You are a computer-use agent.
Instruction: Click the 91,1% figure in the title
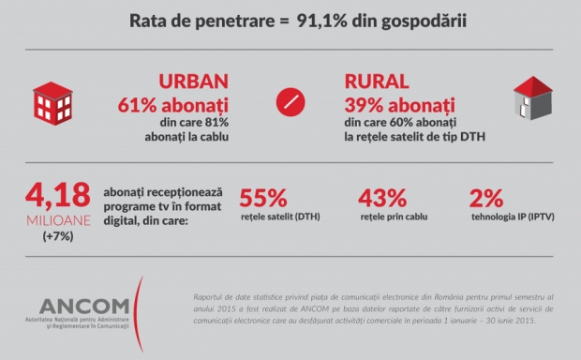tap(322, 21)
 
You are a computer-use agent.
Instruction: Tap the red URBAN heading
tap(193, 82)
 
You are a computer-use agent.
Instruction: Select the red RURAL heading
tap(377, 82)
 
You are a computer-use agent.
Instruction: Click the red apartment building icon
tap(53, 103)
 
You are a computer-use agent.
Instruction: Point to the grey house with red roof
tap(533, 98)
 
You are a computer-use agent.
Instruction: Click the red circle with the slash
tap(290, 102)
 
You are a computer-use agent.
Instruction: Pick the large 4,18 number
tap(58, 195)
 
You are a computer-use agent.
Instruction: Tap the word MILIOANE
tap(58, 220)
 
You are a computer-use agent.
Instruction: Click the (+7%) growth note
tap(58, 236)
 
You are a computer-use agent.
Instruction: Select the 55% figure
tap(263, 198)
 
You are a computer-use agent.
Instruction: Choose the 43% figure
tap(382, 198)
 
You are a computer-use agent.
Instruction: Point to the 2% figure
tap(486, 198)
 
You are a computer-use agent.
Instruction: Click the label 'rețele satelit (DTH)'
tap(280, 217)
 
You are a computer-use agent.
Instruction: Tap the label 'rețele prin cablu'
tap(394, 217)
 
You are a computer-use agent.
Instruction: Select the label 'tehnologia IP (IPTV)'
tap(513, 217)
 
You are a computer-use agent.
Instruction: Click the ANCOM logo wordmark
tap(84, 307)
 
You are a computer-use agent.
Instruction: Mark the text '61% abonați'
tap(173, 105)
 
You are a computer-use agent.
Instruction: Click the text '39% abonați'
tap(399, 105)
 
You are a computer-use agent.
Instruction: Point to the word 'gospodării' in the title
tap(424, 22)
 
